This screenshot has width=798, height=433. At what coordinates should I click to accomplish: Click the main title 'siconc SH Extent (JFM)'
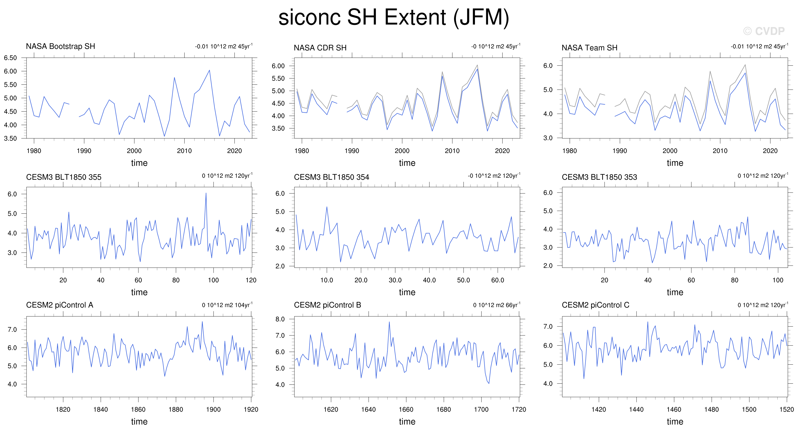click(394, 17)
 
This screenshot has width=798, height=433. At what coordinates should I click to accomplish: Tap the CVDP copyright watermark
click(764, 31)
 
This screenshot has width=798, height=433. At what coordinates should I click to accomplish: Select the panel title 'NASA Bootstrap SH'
click(61, 46)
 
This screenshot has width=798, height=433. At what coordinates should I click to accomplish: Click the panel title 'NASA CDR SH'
click(320, 48)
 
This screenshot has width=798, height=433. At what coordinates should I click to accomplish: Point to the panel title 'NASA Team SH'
click(589, 48)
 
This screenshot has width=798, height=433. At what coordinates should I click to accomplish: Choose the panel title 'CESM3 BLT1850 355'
click(63, 177)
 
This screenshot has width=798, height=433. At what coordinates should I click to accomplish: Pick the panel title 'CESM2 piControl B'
click(327, 305)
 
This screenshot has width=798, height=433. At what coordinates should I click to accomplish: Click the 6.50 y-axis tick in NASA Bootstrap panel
click(10, 58)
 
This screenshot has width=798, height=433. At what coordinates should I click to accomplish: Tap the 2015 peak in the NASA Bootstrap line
click(209, 70)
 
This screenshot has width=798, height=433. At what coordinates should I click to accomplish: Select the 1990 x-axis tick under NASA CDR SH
click(352, 151)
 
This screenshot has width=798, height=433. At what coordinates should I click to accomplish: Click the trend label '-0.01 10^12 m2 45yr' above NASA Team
click(759, 46)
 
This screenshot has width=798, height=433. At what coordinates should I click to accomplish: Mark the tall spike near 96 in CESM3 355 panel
click(206, 194)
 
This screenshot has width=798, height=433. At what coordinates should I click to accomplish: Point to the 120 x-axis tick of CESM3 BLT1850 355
click(251, 280)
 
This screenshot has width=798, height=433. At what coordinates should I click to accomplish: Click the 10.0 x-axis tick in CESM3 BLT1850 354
click(327, 280)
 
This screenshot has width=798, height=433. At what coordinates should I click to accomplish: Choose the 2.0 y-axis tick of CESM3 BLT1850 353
click(548, 266)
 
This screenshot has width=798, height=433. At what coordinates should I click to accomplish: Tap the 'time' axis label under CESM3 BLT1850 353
click(675, 292)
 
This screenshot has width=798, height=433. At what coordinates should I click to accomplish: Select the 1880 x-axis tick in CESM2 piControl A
click(176, 409)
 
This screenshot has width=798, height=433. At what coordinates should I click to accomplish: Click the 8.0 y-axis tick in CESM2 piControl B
click(280, 319)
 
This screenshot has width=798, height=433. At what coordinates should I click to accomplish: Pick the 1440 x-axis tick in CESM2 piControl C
click(636, 409)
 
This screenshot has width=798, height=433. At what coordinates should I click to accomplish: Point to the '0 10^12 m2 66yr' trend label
click(497, 305)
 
